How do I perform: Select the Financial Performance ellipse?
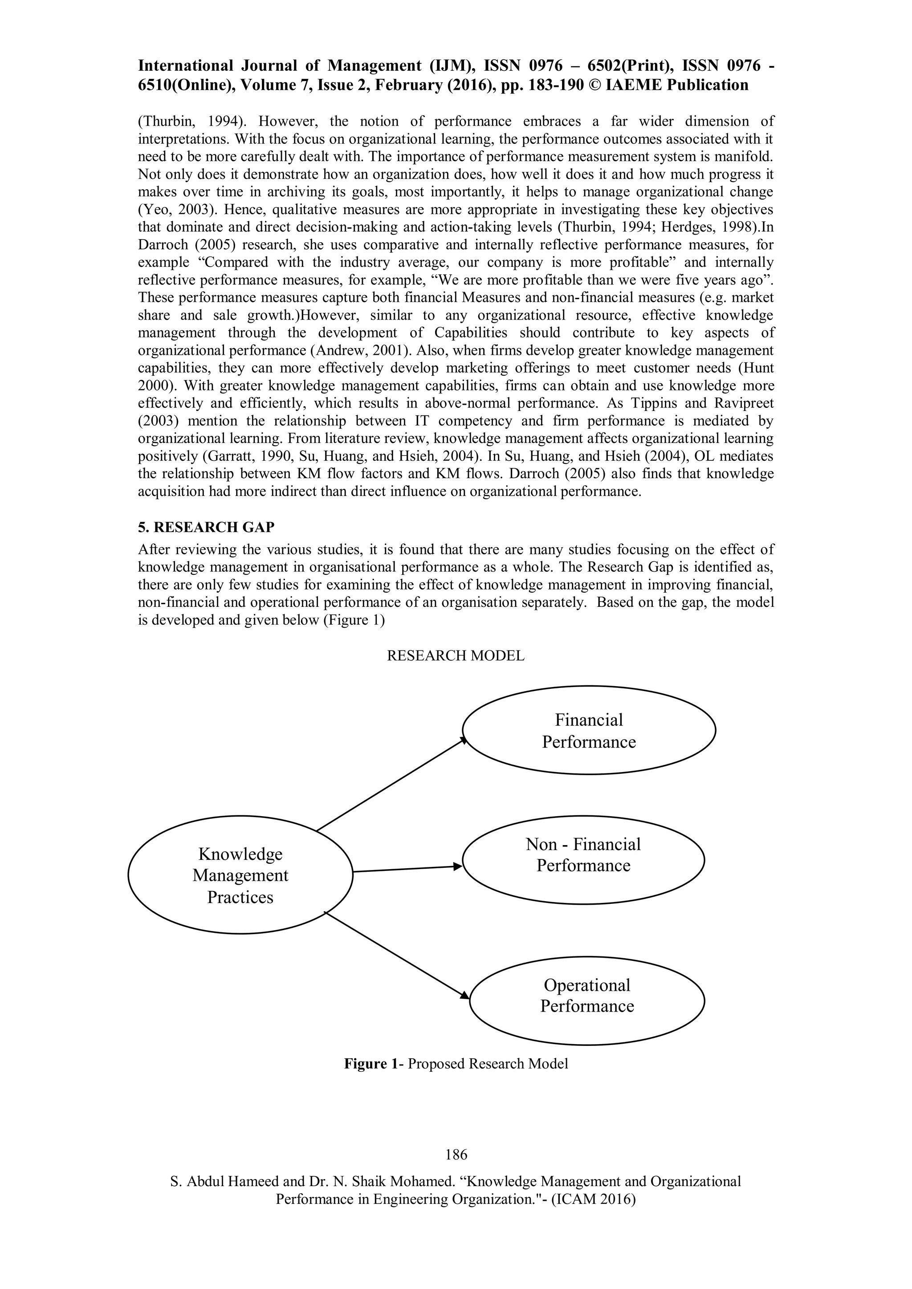click(589, 730)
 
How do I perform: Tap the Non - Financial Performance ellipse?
click(583, 859)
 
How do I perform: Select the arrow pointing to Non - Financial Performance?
click(407, 869)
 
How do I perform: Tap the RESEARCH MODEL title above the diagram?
click(456, 655)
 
